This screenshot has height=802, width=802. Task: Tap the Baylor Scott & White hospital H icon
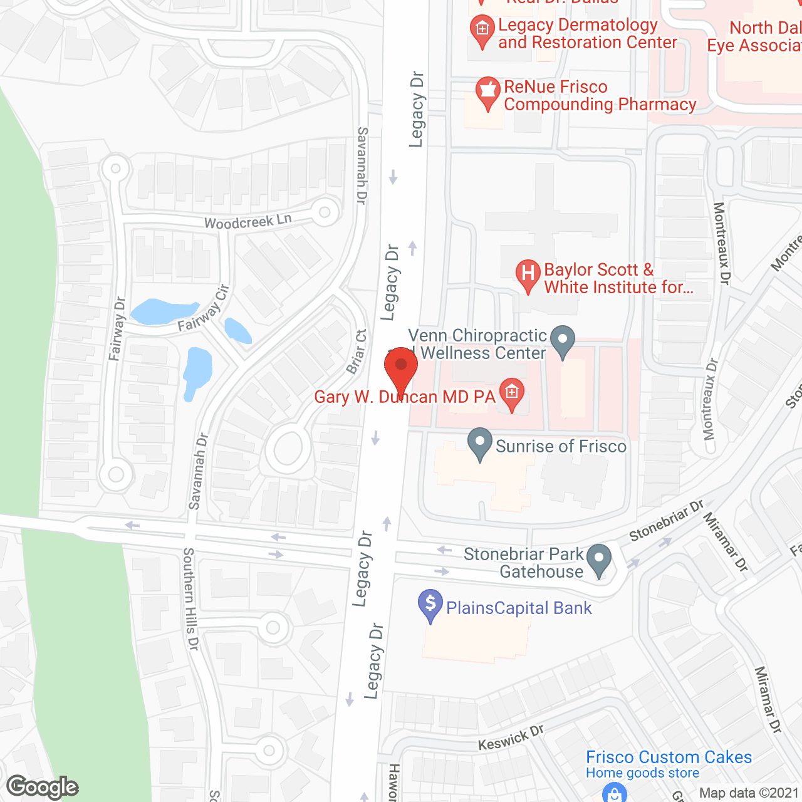click(x=528, y=274)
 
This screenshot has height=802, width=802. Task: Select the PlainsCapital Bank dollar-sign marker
click(x=430, y=604)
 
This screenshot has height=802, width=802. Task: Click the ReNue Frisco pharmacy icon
click(x=487, y=91)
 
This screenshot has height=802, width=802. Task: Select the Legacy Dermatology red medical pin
click(x=482, y=30)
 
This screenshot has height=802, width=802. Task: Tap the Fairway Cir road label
click(x=204, y=309)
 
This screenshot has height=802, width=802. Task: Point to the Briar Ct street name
click(x=357, y=352)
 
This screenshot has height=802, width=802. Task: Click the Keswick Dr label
click(x=511, y=737)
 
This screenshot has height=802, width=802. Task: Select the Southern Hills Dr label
click(x=190, y=598)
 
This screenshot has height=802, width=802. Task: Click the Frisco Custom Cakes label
click(x=669, y=757)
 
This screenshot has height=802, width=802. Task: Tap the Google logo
click(x=43, y=787)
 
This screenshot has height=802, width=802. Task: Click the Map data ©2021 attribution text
click(x=749, y=793)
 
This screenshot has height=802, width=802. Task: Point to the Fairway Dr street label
click(x=117, y=329)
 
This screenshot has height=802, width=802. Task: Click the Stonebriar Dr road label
click(x=667, y=521)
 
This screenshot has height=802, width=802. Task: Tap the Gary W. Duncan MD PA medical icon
click(x=512, y=394)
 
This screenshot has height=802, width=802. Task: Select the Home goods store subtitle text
click(x=642, y=773)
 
